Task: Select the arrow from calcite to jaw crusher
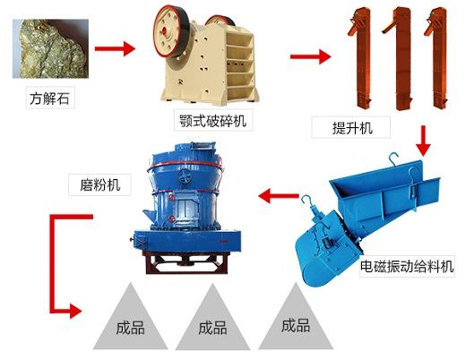pyautogui.click(x=115, y=46)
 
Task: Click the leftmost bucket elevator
pyautogui.click(x=361, y=53)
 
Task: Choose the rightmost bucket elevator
pyautogui.click(x=436, y=53)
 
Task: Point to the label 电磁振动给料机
pyautogui.click(x=408, y=266)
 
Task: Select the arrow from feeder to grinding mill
pyautogui.click(x=278, y=193)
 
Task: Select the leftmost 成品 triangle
pyautogui.click(x=130, y=321)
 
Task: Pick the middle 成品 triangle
pyautogui.click(x=212, y=321)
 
